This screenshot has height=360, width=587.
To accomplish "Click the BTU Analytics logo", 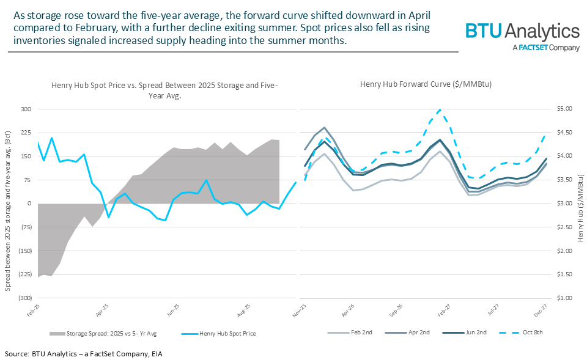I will pyautogui.click(x=522, y=31).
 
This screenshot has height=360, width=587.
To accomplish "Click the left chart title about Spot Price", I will pyautogui.click(x=164, y=90).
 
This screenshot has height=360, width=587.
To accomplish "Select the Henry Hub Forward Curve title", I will pyautogui.click(x=426, y=84).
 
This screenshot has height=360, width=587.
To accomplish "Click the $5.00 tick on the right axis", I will pyautogui.click(x=564, y=109).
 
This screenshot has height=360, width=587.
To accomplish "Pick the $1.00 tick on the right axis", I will pyautogui.click(x=564, y=298).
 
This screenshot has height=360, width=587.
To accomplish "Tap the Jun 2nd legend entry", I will pyautogui.click(x=474, y=332).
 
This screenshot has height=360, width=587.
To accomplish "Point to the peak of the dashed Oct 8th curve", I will pyautogui.click(x=440, y=110).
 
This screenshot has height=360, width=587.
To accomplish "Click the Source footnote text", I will pyautogui.click(x=84, y=354).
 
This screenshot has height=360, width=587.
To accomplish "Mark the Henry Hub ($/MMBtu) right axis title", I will pyautogui.click(x=580, y=204).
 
